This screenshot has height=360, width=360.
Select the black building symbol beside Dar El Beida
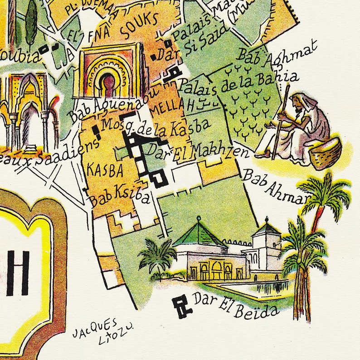tap(183, 307)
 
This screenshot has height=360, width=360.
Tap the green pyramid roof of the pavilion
tap(199, 235)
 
